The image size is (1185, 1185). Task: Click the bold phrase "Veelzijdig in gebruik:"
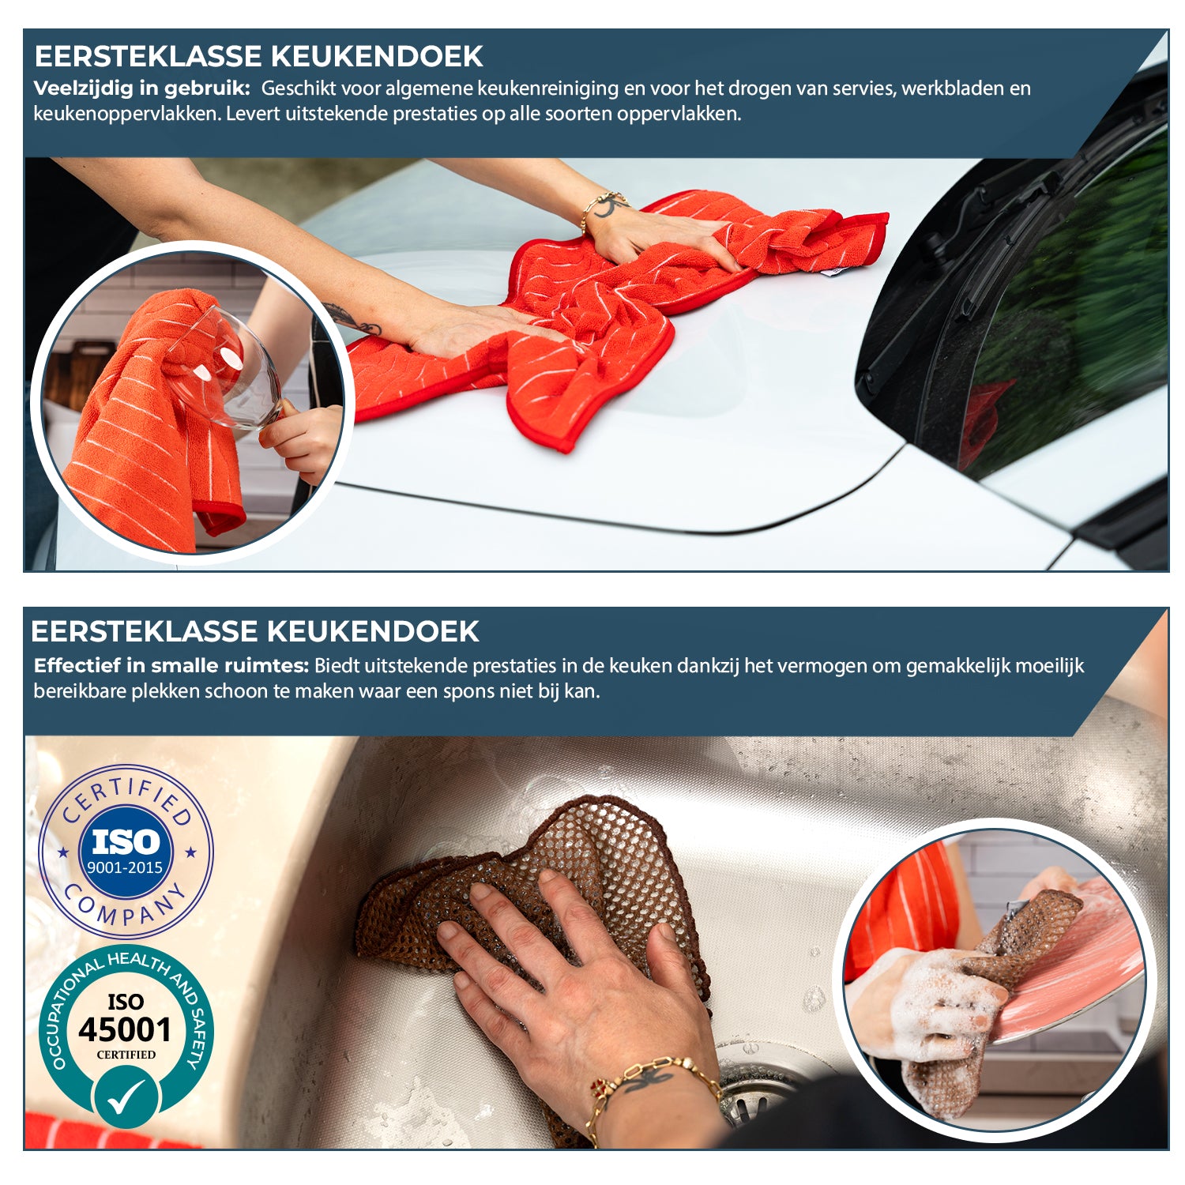pos(141,88)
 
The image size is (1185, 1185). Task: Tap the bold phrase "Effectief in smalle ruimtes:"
pos(171,666)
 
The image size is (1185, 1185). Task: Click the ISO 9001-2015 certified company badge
pos(126,852)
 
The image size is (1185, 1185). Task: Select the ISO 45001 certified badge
pos(126,1027)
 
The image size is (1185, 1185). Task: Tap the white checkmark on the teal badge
pos(126,1097)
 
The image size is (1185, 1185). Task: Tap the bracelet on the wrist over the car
pos(604,204)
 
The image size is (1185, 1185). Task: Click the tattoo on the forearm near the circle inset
pos(352,319)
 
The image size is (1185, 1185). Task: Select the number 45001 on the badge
pos(125,1030)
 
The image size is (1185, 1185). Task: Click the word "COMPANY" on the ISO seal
pos(126,908)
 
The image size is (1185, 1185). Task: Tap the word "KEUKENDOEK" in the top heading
pos(376,56)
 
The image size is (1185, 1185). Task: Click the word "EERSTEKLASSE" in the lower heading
pos(145,632)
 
